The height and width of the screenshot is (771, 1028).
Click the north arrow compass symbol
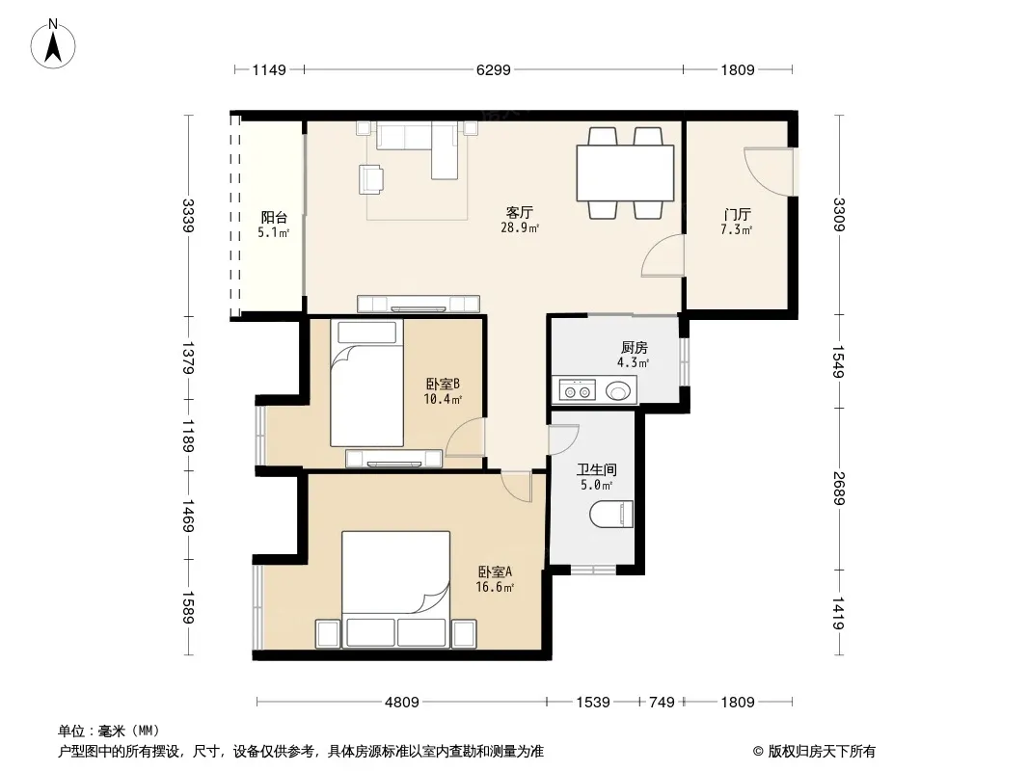(53, 44)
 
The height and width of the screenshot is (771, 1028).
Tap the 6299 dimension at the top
(493, 69)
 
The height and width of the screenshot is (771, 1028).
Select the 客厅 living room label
(519, 212)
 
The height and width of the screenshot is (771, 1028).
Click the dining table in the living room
(625, 173)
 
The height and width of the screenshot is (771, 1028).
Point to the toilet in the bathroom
(611, 515)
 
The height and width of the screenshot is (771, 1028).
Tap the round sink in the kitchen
(617, 391)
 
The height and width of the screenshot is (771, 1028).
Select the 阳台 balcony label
(273, 218)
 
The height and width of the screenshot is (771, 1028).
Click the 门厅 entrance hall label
(737, 214)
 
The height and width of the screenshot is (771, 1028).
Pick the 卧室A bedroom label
(495, 572)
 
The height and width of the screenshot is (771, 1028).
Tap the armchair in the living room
(371, 179)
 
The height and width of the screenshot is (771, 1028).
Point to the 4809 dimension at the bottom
(401, 703)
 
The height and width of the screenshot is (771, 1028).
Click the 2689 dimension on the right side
(839, 489)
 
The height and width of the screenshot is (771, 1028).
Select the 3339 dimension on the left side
(188, 216)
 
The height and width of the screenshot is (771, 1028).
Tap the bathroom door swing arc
(564, 439)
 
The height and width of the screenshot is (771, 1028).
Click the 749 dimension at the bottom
(662, 703)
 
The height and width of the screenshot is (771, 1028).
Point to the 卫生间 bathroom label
(597, 469)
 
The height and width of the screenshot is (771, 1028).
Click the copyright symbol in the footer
(758, 752)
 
